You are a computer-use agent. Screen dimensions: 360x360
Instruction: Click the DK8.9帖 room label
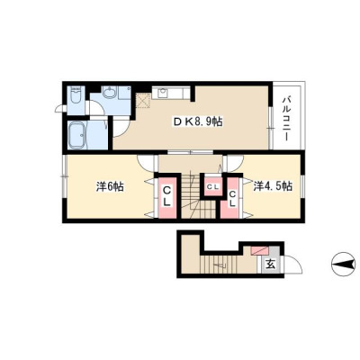(197, 121)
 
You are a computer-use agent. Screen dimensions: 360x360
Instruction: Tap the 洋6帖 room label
(110, 187)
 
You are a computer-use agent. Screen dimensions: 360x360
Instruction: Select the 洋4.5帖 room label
(273, 186)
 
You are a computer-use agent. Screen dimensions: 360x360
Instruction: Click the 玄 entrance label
(271, 264)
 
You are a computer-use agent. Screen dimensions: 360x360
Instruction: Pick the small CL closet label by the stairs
(213, 187)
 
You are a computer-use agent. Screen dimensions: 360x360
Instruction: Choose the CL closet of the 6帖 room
(167, 196)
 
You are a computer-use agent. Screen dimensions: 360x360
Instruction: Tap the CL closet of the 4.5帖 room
(232, 199)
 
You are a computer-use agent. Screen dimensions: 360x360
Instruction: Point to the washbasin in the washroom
(110, 92)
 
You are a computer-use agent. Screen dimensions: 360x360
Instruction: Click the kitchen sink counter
(171, 93)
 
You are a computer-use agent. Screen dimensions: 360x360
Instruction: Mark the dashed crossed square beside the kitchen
(143, 100)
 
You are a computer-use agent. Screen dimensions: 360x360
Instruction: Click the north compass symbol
(343, 265)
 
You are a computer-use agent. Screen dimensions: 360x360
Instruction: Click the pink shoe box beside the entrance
(260, 250)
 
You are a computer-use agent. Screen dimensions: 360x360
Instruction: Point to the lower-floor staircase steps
(219, 264)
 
